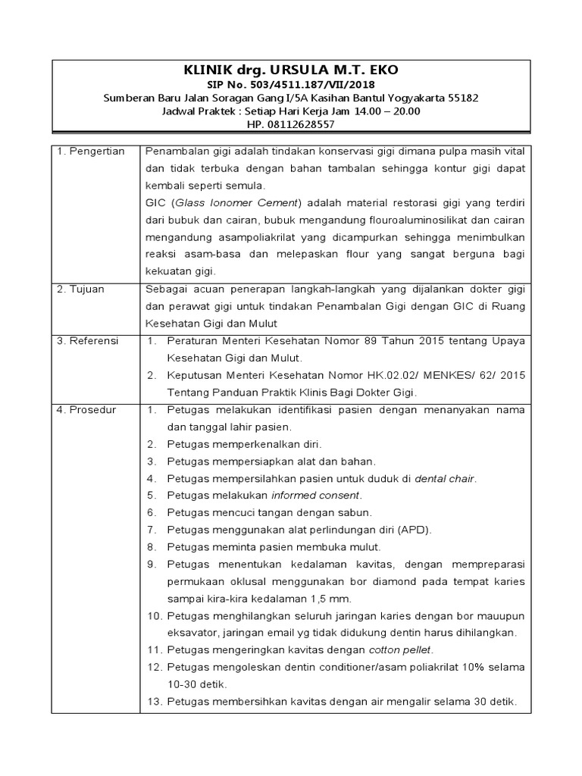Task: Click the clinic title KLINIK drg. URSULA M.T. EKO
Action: pyautogui.click(x=291, y=70)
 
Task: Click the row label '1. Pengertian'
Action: pyautogui.click(x=91, y=152)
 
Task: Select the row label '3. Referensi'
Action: pyautogui.click(x=89, y=341)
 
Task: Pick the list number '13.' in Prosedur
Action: pyautogui.click(x=154, y=702)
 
